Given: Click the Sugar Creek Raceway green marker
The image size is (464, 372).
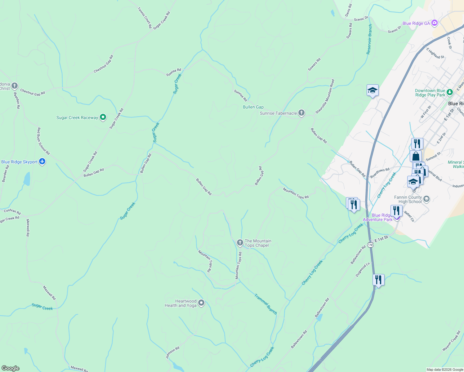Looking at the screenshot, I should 103,117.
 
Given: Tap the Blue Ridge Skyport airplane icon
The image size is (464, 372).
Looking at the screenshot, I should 42,162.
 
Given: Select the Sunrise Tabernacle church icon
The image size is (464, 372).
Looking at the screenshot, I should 301,113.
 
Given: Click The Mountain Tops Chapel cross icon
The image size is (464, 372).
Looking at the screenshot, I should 240,243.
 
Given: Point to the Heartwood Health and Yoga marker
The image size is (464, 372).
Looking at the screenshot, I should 201,303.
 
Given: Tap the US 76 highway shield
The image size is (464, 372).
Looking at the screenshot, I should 370,245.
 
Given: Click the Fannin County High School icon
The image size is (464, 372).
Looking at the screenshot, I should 426,199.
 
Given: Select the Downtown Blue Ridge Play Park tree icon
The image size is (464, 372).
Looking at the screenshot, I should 450,92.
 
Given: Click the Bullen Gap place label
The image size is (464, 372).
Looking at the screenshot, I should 253,107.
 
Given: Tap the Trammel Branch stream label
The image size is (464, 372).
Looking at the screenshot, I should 265,304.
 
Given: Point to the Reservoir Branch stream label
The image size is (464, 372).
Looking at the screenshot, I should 369,39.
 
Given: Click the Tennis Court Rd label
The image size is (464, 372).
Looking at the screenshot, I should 145,18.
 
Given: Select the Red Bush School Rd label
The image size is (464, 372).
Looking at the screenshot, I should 43,141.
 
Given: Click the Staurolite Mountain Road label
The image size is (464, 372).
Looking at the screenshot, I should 325,96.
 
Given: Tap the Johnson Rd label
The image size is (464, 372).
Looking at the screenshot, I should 172,353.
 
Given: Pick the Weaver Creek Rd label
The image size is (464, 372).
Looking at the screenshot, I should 451,341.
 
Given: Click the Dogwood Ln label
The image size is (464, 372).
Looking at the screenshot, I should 363,270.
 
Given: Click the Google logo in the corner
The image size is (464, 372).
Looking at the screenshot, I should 11,368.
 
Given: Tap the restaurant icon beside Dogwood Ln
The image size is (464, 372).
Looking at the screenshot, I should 378,280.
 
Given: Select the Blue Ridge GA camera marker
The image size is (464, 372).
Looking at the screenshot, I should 434,23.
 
